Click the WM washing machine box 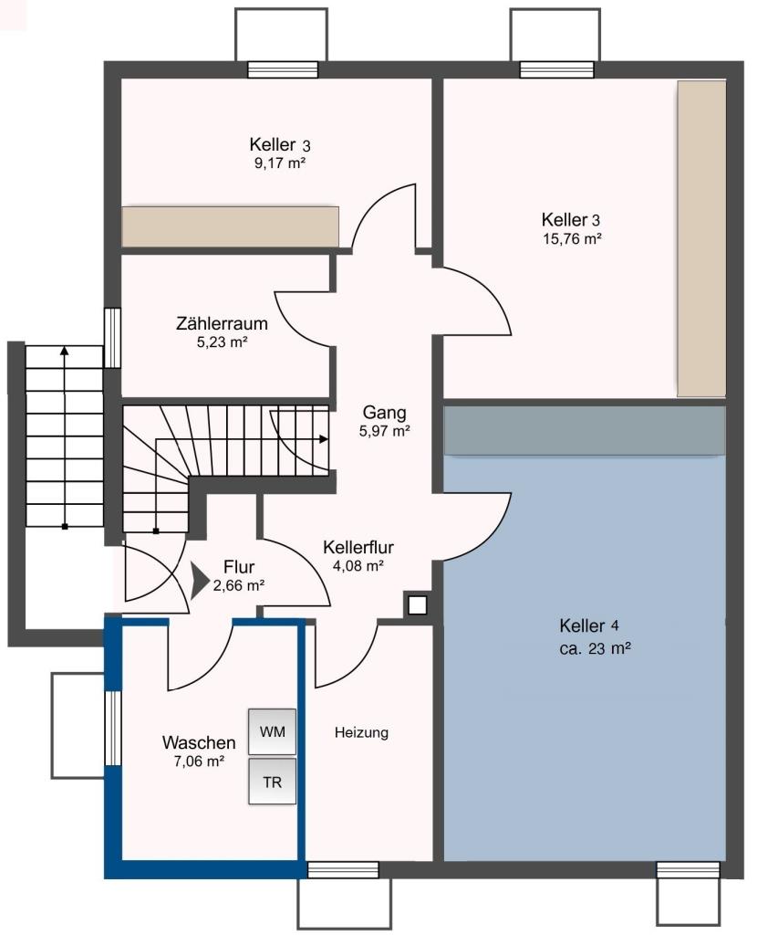[272, 731]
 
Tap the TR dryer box [272, 782]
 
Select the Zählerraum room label [222, 324]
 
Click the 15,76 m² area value [572, 239]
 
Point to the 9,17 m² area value [280, 163]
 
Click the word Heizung [361, 732]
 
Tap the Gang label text [384, 413]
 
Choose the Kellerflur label [358, 547]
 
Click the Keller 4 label [589, 625]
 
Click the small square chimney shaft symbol [418, 605]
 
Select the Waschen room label [199, 742]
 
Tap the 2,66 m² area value [238, 585]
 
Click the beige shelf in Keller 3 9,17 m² [231, 226]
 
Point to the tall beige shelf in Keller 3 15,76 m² [701, 238]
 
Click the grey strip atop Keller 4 [585, 431]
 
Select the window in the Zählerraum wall [112, 338]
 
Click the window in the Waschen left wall [112, 728]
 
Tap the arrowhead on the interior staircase [324, 439]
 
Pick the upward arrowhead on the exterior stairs [65, 351]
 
